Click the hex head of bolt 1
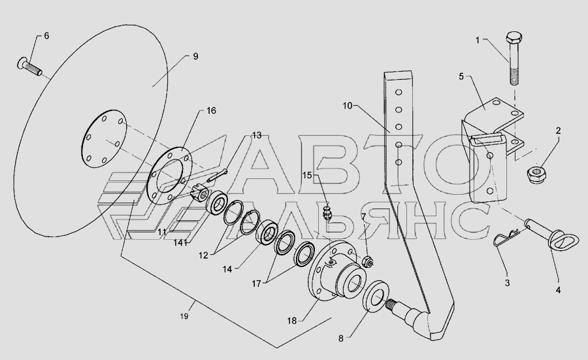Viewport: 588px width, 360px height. (x=513, y=39)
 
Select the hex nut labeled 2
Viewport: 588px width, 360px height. (x=536, y=174)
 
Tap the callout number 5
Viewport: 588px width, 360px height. (x=461, y=76)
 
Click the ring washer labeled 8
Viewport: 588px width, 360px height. (x=377, y=296)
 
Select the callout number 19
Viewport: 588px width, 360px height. (x=184, y=316)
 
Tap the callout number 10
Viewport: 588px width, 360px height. (x=348, y=106)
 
